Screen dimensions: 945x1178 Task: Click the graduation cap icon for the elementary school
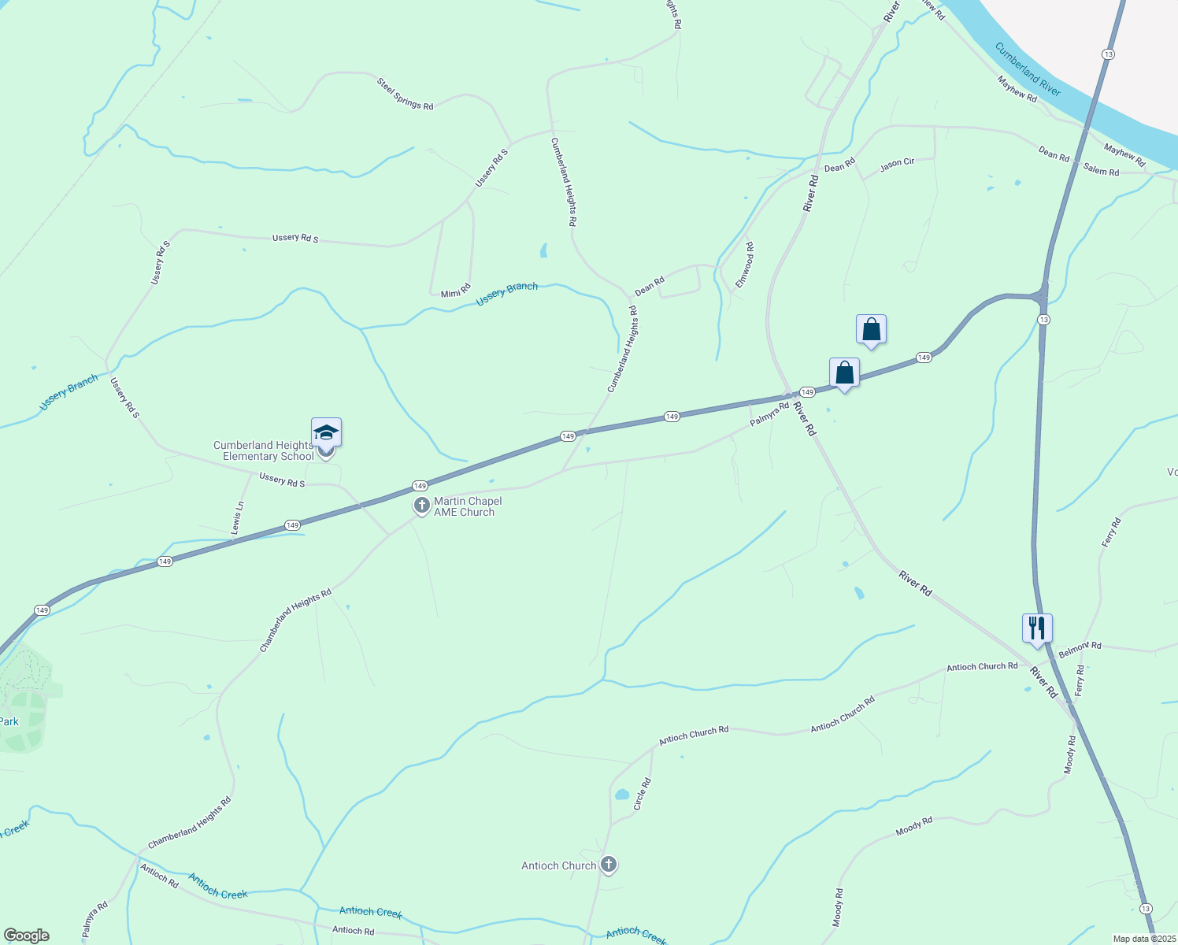tap(326, 434)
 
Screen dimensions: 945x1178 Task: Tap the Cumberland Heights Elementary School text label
tap(264, 450)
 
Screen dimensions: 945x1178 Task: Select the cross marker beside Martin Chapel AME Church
tap(422, 506)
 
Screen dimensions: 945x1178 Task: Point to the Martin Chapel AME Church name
tap(468, 506)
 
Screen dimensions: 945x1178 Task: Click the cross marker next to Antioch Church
tap(608, 865)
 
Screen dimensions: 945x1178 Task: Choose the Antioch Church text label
tap(559, 865)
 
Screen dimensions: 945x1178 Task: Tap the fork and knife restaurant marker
tap(1037, 628)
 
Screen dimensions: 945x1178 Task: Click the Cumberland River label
tap(1028, 69)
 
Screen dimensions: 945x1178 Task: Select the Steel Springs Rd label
tap(405, 94)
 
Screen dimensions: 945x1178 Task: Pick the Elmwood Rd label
tap(744, 265)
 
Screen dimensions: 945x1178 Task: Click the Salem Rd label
tap(1100, 170)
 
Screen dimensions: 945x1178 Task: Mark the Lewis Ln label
tap(237, 518)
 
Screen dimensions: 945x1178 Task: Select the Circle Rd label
tap(643, 795)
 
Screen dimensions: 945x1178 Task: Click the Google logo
tap(26, 936)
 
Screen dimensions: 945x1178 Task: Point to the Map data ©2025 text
tap(1143, 939)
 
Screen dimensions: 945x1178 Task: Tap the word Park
tap(9, 721)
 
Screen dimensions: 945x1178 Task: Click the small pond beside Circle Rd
tap(622, 795)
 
